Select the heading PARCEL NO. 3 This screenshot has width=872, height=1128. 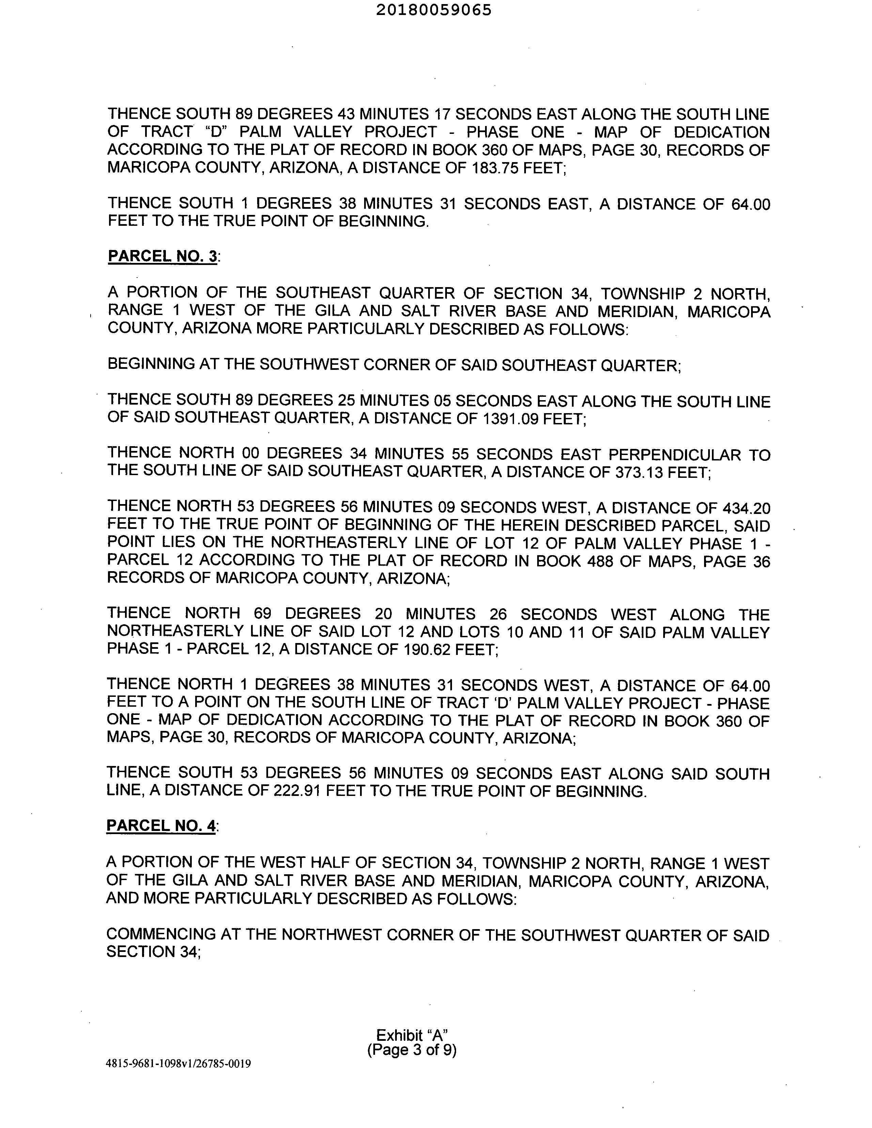pyautogui.click(x=162, y=256)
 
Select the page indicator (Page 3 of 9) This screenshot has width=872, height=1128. pyautogui.click(x=412, y=1050)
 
